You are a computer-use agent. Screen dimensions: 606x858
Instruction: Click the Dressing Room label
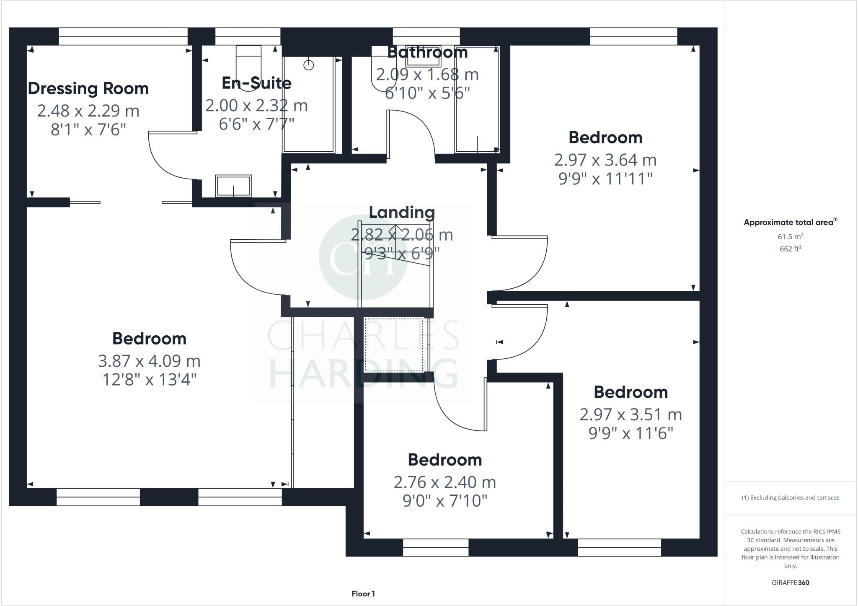click(x=88, y=89)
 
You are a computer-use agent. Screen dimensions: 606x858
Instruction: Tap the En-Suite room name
click(x=256, y=83)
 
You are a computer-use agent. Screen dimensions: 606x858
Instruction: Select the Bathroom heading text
click(x=427, y=52)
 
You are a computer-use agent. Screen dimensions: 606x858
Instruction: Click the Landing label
click(x=402, y=212)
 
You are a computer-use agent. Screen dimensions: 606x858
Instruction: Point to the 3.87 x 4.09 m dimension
click(x=149, y=361)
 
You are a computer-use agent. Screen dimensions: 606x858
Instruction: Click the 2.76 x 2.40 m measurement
click(x=445, y=482)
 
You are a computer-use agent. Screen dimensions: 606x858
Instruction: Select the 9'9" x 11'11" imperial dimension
click(x=605, y=179)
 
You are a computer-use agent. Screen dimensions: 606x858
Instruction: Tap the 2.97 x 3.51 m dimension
click(x=631, y=415)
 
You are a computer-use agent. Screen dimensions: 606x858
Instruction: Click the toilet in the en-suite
click(x=248, y=69)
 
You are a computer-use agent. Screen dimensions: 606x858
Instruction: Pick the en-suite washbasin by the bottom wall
click(x=233, y=186)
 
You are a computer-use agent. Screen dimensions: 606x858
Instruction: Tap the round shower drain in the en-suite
click(x=309, y=65)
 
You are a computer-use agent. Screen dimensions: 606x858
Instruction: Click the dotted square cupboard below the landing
click(x=394, y=345)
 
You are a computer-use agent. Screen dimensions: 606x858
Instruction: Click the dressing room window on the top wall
click(x=123, y=36)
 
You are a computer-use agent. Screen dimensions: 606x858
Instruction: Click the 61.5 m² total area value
click(x=790, y=237)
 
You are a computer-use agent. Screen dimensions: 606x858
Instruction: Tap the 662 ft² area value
click(x=790, y=249)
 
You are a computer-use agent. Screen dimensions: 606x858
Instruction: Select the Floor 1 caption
click(x=363, y=594)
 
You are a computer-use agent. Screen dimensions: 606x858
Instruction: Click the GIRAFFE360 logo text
click(x=790, y=583)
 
